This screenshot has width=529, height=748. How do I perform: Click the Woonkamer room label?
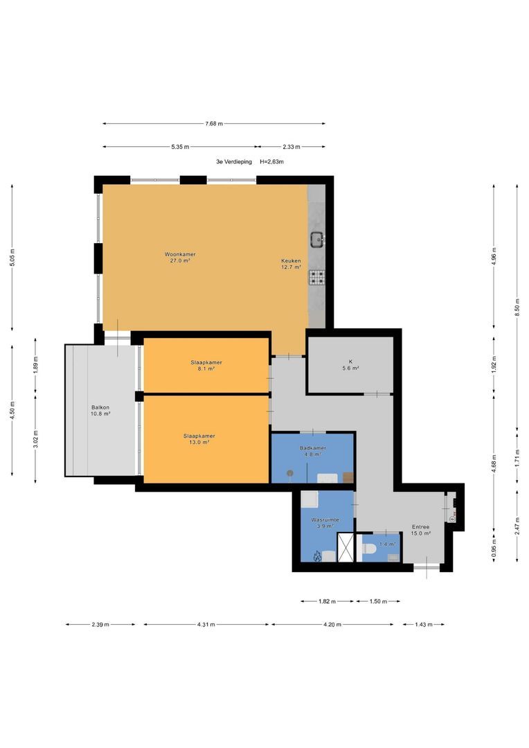pos(180,258)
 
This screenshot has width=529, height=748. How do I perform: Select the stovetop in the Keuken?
pos(317,276)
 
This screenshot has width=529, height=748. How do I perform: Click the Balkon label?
pos(100,411)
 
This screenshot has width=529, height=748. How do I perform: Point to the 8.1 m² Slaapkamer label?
pos(206,366)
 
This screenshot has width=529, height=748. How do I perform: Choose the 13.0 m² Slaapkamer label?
pos(199,439)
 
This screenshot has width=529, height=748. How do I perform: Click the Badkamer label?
pos(313,452)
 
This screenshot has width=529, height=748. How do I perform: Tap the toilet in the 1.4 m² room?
pos(369,549)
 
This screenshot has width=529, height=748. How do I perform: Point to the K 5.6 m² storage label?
pos(350,365)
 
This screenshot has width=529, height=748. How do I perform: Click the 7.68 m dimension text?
pos(214,123)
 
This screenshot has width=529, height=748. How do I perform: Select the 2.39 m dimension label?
pos(100,625)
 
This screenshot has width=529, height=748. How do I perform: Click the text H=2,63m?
pos(272,161)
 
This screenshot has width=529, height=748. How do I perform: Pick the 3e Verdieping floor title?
pos(234,161)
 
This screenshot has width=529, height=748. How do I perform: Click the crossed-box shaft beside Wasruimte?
pos(346,547)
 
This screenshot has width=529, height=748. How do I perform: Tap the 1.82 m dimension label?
pos(327,602)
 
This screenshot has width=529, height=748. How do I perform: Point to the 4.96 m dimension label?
pos(494,256)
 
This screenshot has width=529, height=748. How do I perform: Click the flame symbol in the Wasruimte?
pos(316,555)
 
